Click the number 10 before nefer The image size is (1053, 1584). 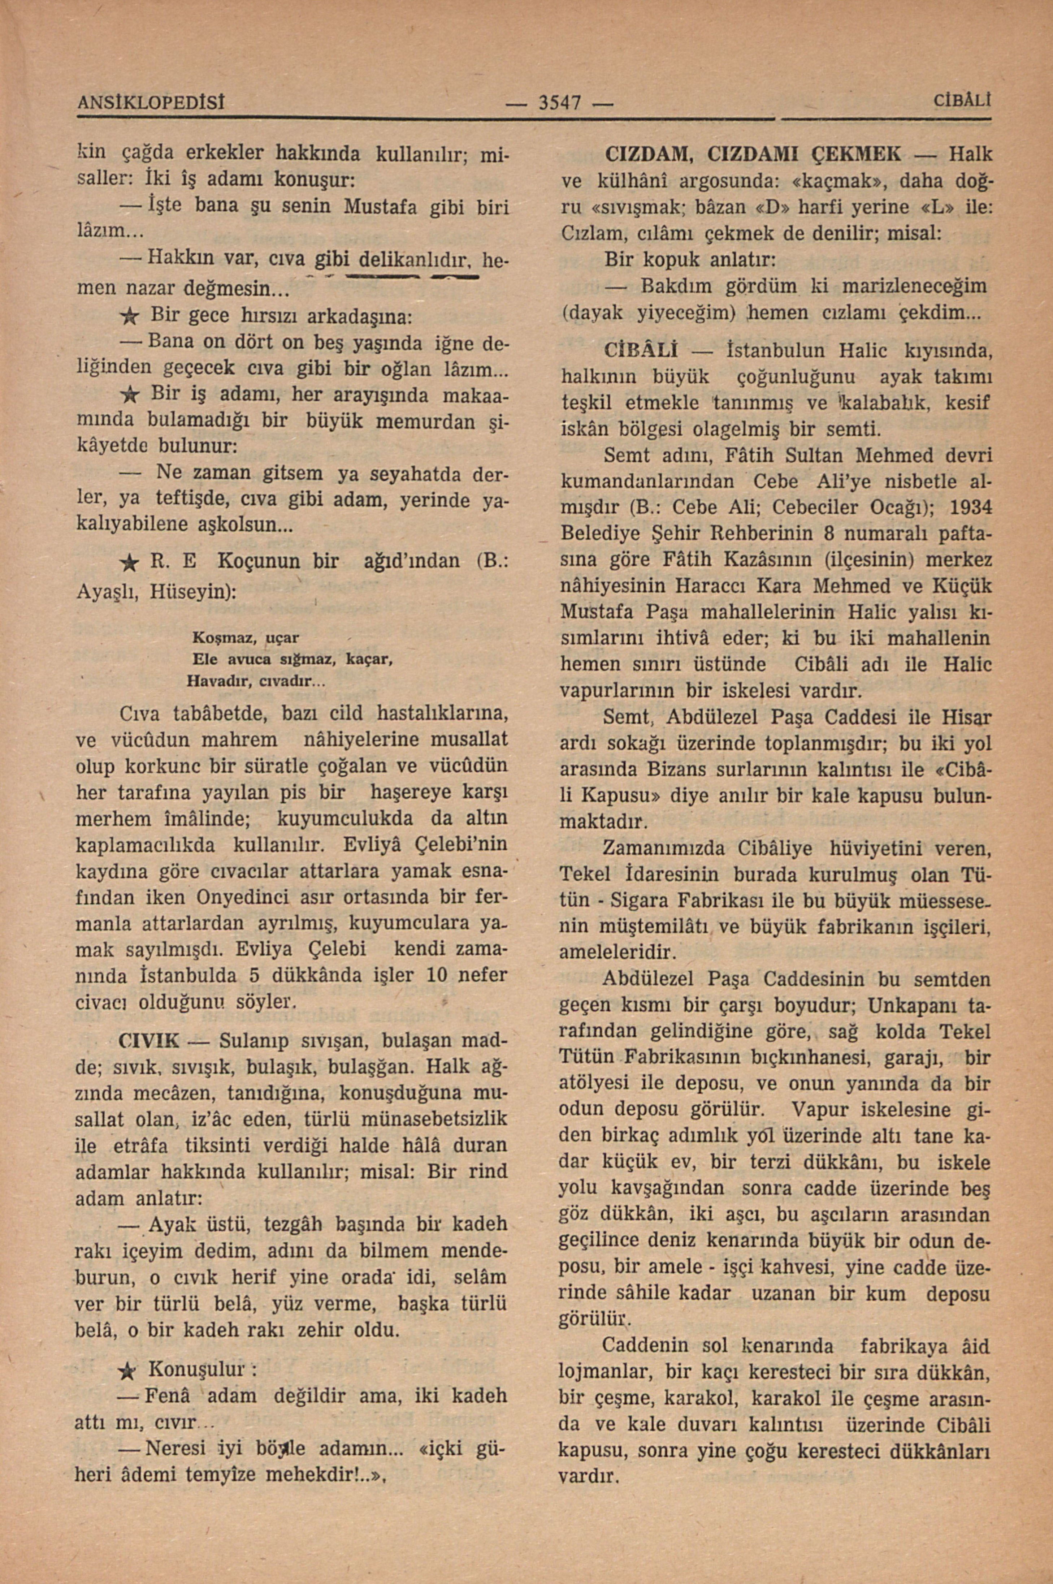[x=437, y=975]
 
